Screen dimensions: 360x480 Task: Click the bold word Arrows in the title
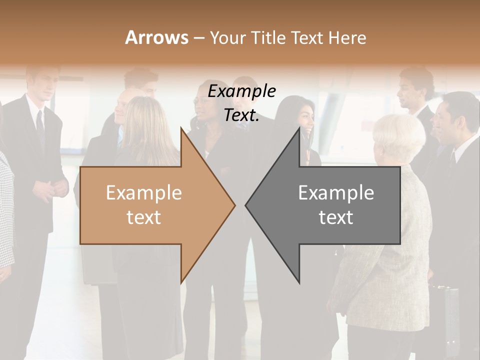[x=156, y=37]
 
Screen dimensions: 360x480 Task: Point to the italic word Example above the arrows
[x=241, y=91]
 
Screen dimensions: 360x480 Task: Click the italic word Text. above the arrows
[x=241, y=115]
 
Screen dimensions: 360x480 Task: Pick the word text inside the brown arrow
[x=144, y=217]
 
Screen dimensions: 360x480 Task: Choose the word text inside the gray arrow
[x=336, y=217]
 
